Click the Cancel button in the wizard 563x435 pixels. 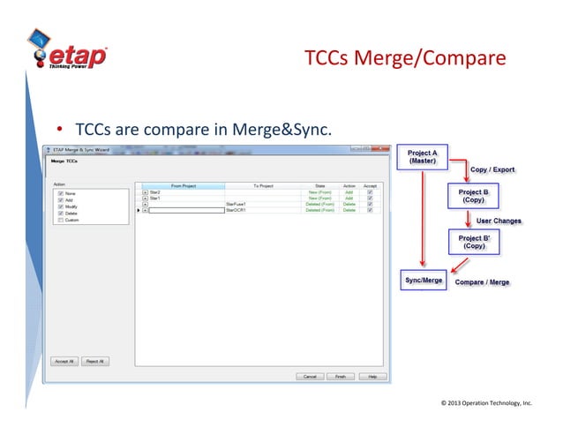point(310,376)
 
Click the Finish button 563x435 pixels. point(340,376)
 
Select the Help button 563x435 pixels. point(372,376)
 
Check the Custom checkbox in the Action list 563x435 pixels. point(59,221)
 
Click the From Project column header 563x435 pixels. point(183,185)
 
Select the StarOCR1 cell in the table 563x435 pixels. point(235,210)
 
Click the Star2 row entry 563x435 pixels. point(155,191)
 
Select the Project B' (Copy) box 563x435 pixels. point(477,242)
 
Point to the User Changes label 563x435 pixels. point(499,221)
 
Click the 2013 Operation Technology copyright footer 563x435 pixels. point(486,403)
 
